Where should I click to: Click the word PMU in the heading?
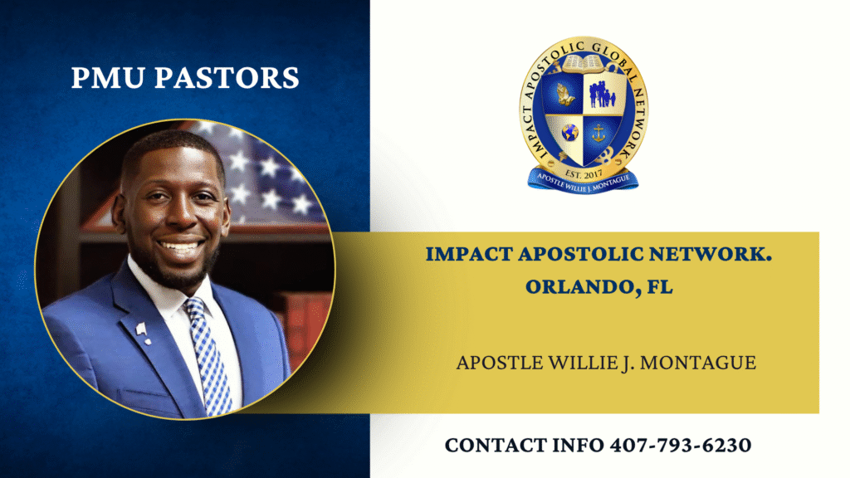[108, 77]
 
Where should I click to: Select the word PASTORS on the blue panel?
[227, 77]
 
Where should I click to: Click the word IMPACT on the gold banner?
[468, 254]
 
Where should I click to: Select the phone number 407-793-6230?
[681, 446]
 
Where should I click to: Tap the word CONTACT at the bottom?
[496, 446]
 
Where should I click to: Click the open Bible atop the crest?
[584, 65]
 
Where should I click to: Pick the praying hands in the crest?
[564, 95]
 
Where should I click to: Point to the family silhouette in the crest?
[602, 95]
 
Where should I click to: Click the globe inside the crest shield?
[569, 132]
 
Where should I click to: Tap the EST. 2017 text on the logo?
[584, 174]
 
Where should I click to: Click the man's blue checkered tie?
[208, 355]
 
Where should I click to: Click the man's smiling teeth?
[179, 246]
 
